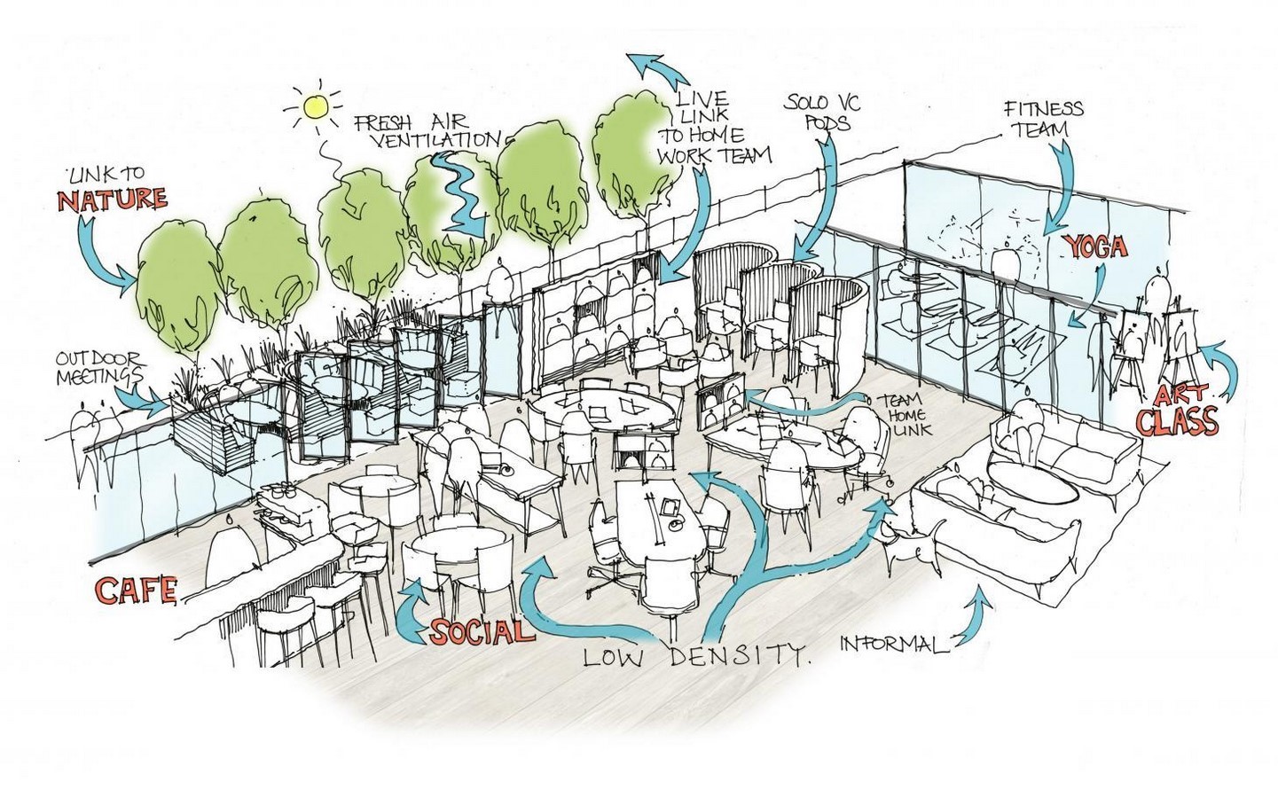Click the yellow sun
pyautogui.click(x=316, y=106)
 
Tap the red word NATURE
pyautogui.click(x=113, y=200)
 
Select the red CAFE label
pyautogui.click(x=137, y=591)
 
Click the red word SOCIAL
pyautogui.click(x=482, y=630)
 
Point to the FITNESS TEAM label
pyautogui.click(x=1044, y=118)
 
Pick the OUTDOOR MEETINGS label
pyautogui.click(x=99, y=368)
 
